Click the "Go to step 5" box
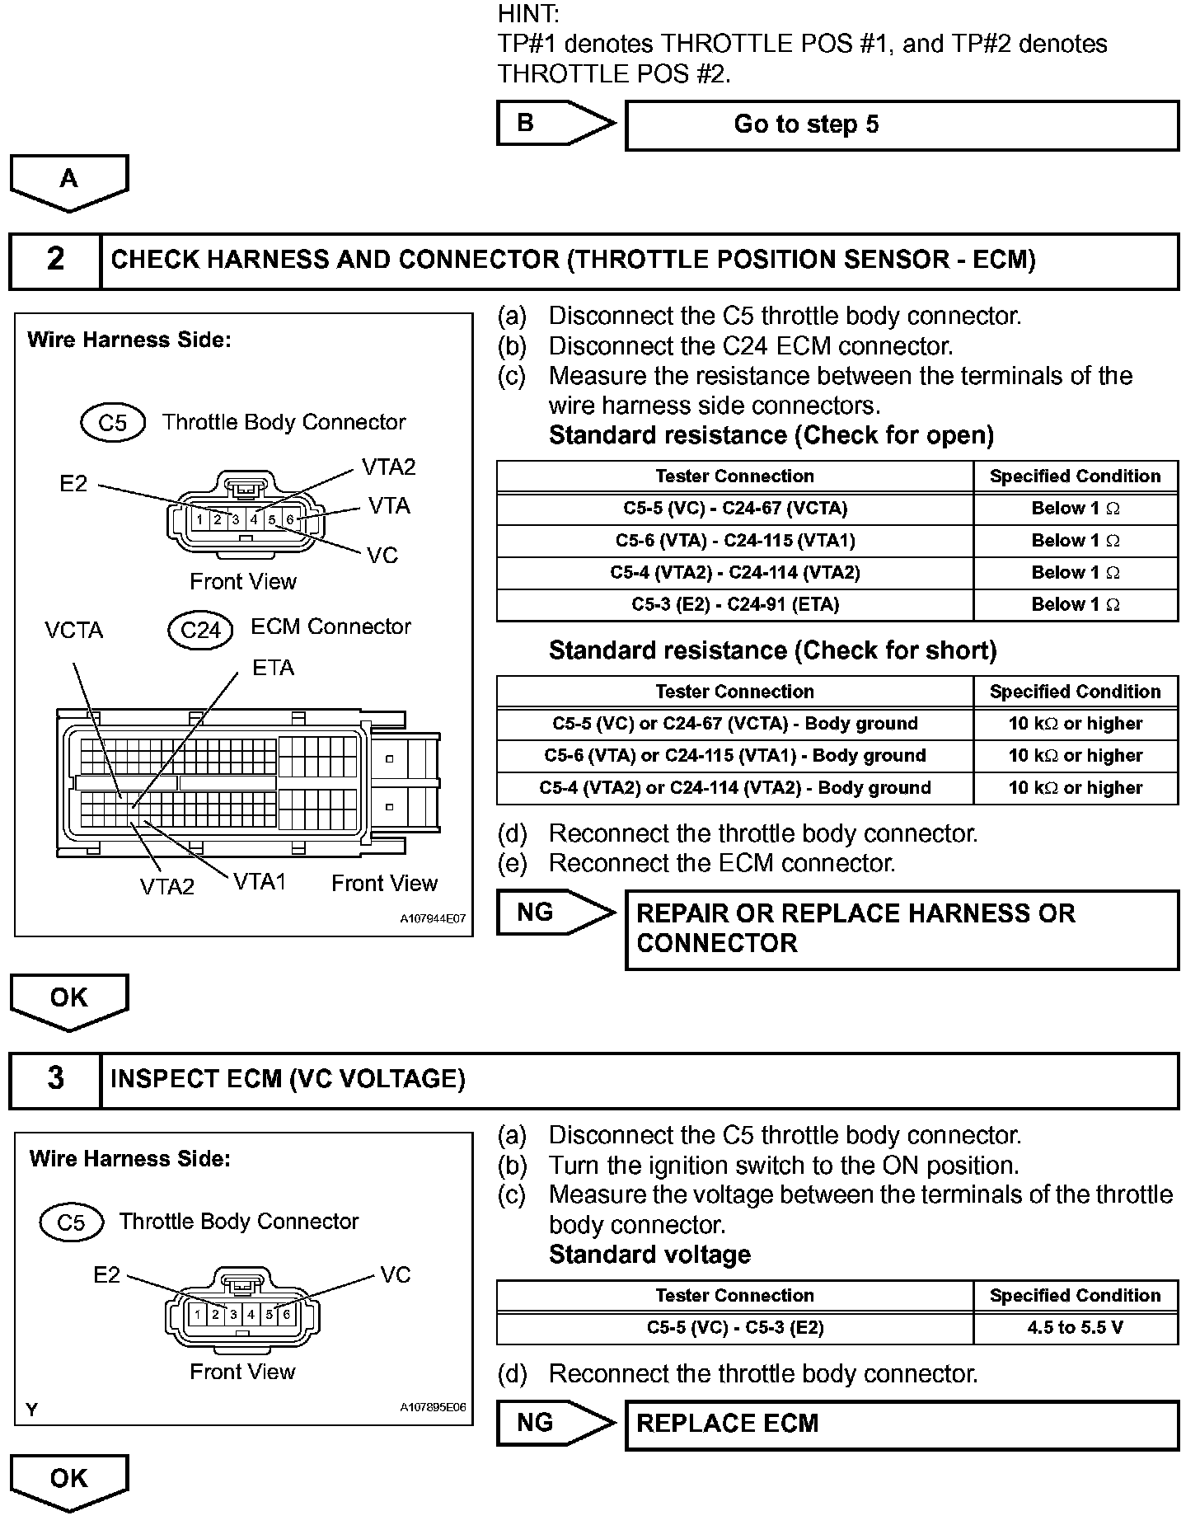coord(902,125)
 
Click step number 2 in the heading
coord(55,260)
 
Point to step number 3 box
coord(55,1079)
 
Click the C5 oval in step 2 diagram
coord(113,423)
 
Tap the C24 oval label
coord(200,631)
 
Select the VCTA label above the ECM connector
coord(74,631)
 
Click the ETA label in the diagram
coord(273,669)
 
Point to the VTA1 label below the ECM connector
coord(260,883)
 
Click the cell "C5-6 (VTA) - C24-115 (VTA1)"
coord(734,541)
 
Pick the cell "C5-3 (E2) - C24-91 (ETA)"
coord(734,605)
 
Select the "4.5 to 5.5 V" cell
coord(1075,1328)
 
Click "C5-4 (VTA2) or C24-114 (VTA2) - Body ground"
coord(734,788)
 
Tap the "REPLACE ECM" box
coord(902,1424)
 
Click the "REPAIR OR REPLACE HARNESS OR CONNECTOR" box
coord(902,929)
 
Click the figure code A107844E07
coord(433,918)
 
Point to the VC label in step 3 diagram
coord(396,1275)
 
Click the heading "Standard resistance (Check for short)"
coord(772,651)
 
